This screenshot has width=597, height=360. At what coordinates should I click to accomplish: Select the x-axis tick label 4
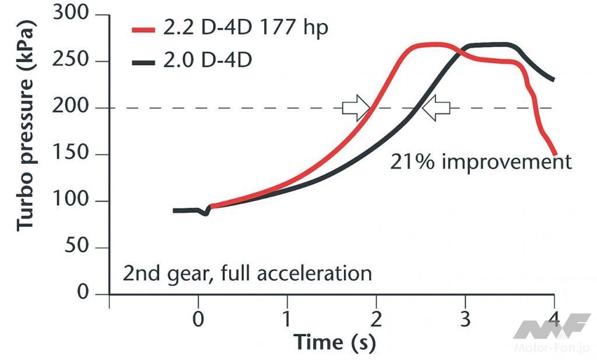[x=554, y=318]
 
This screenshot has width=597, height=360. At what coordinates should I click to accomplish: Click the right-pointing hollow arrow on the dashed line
[x=355, y=108]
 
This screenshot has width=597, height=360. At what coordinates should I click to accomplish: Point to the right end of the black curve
[x=553, y=79]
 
